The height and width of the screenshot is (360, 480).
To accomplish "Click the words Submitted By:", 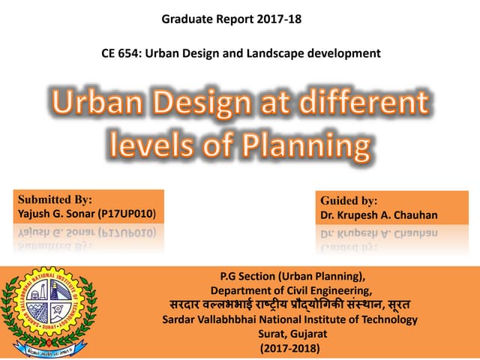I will (x=55, y=200).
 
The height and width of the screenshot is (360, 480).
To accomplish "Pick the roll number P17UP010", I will (x=125, y=214).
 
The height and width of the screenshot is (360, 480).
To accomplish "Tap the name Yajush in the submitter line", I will (x=34, y=214).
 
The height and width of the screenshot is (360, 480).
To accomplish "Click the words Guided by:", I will (x=349, y=201).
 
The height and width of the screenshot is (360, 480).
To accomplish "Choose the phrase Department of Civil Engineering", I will (x=289, y=290).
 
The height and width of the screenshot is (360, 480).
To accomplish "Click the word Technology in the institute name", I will (x=390, y=319).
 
